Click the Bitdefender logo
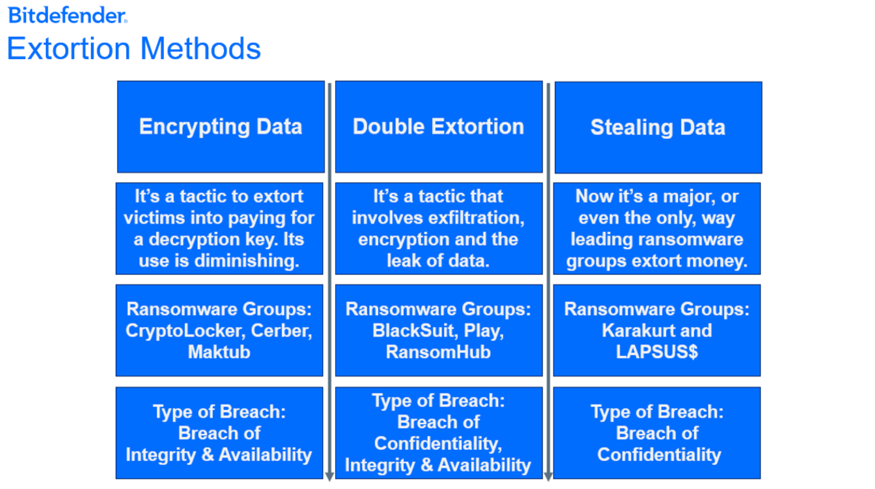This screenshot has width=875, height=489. (x=68, y=15)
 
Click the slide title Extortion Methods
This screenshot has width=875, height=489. (x=134, y=48)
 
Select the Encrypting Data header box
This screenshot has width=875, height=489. (x=221, y=127)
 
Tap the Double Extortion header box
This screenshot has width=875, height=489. (x=439, y=127)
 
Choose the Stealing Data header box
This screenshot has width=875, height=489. (x=658, y=127)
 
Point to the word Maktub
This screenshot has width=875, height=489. (x=219, y=352)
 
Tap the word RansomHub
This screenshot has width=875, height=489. (x=438, y=352)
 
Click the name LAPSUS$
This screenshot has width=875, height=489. (x=657, y=352)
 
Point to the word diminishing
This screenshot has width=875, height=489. (x=247, y=261)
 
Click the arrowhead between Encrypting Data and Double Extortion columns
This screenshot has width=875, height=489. (x=330, y=476)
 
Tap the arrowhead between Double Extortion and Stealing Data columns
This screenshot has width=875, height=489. (x=548, y=476)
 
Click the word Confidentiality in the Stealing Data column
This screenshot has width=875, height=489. (x=659, y=455)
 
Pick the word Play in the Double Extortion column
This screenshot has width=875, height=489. (x=484, y=331)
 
